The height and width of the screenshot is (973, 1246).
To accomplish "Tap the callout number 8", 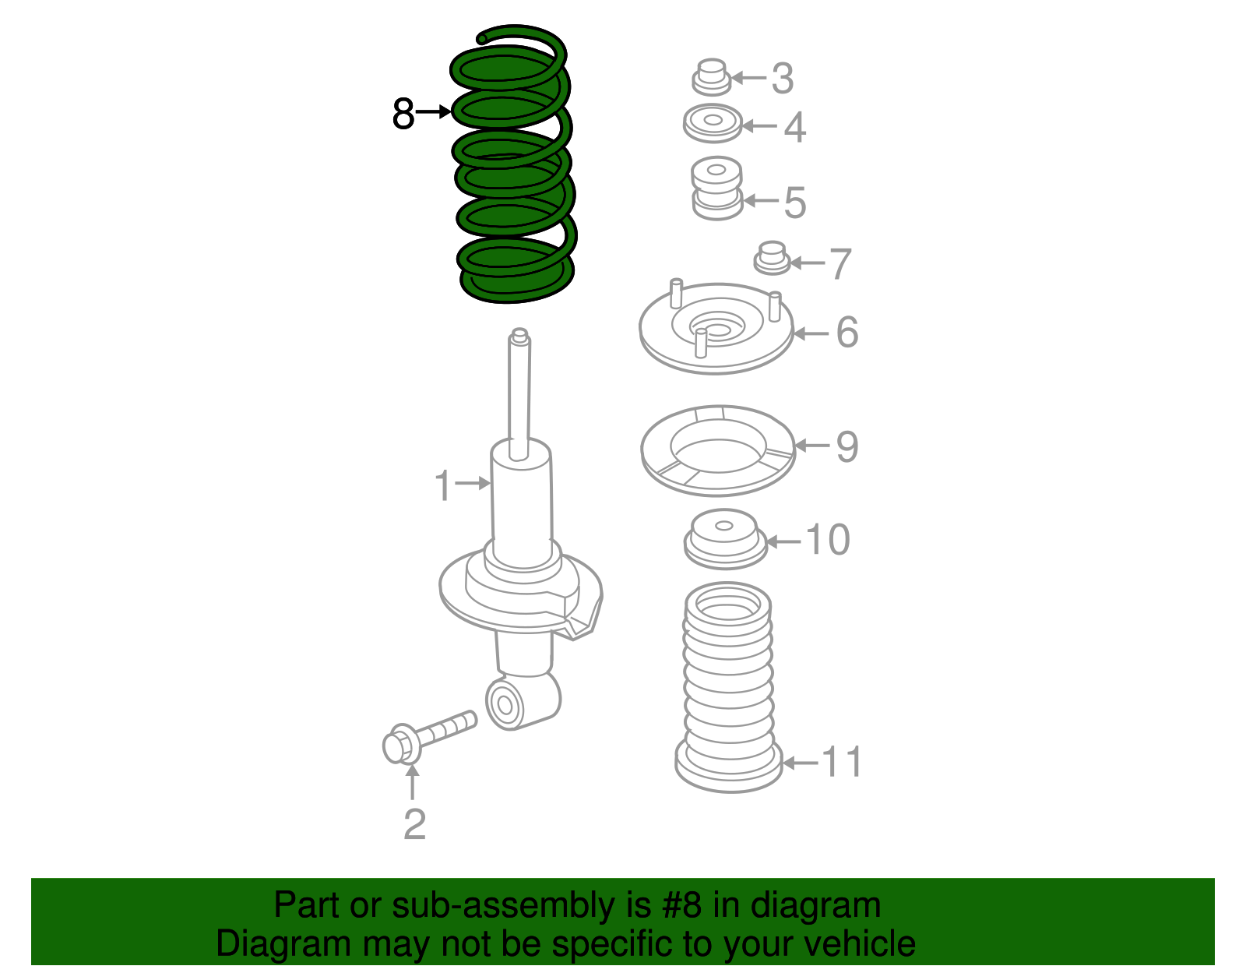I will coord(403,114).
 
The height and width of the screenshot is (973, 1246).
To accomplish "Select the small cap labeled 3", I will coord(710,76).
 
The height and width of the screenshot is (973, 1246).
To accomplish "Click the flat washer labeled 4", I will coord(713,123).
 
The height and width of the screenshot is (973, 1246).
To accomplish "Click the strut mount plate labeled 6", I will coord(716,330).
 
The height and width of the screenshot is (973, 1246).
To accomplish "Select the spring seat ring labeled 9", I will coord(717,449).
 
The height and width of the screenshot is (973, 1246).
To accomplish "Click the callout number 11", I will coord(843,762).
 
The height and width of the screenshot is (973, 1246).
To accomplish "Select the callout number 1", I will coord(442,485).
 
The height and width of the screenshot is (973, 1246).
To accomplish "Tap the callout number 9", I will coord(847,446).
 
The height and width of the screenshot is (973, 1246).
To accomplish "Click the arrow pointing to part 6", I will coord(811,333).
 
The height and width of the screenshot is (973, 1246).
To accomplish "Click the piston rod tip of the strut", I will coord(519,337).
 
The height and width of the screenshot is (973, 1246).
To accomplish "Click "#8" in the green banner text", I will coord(681,906).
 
